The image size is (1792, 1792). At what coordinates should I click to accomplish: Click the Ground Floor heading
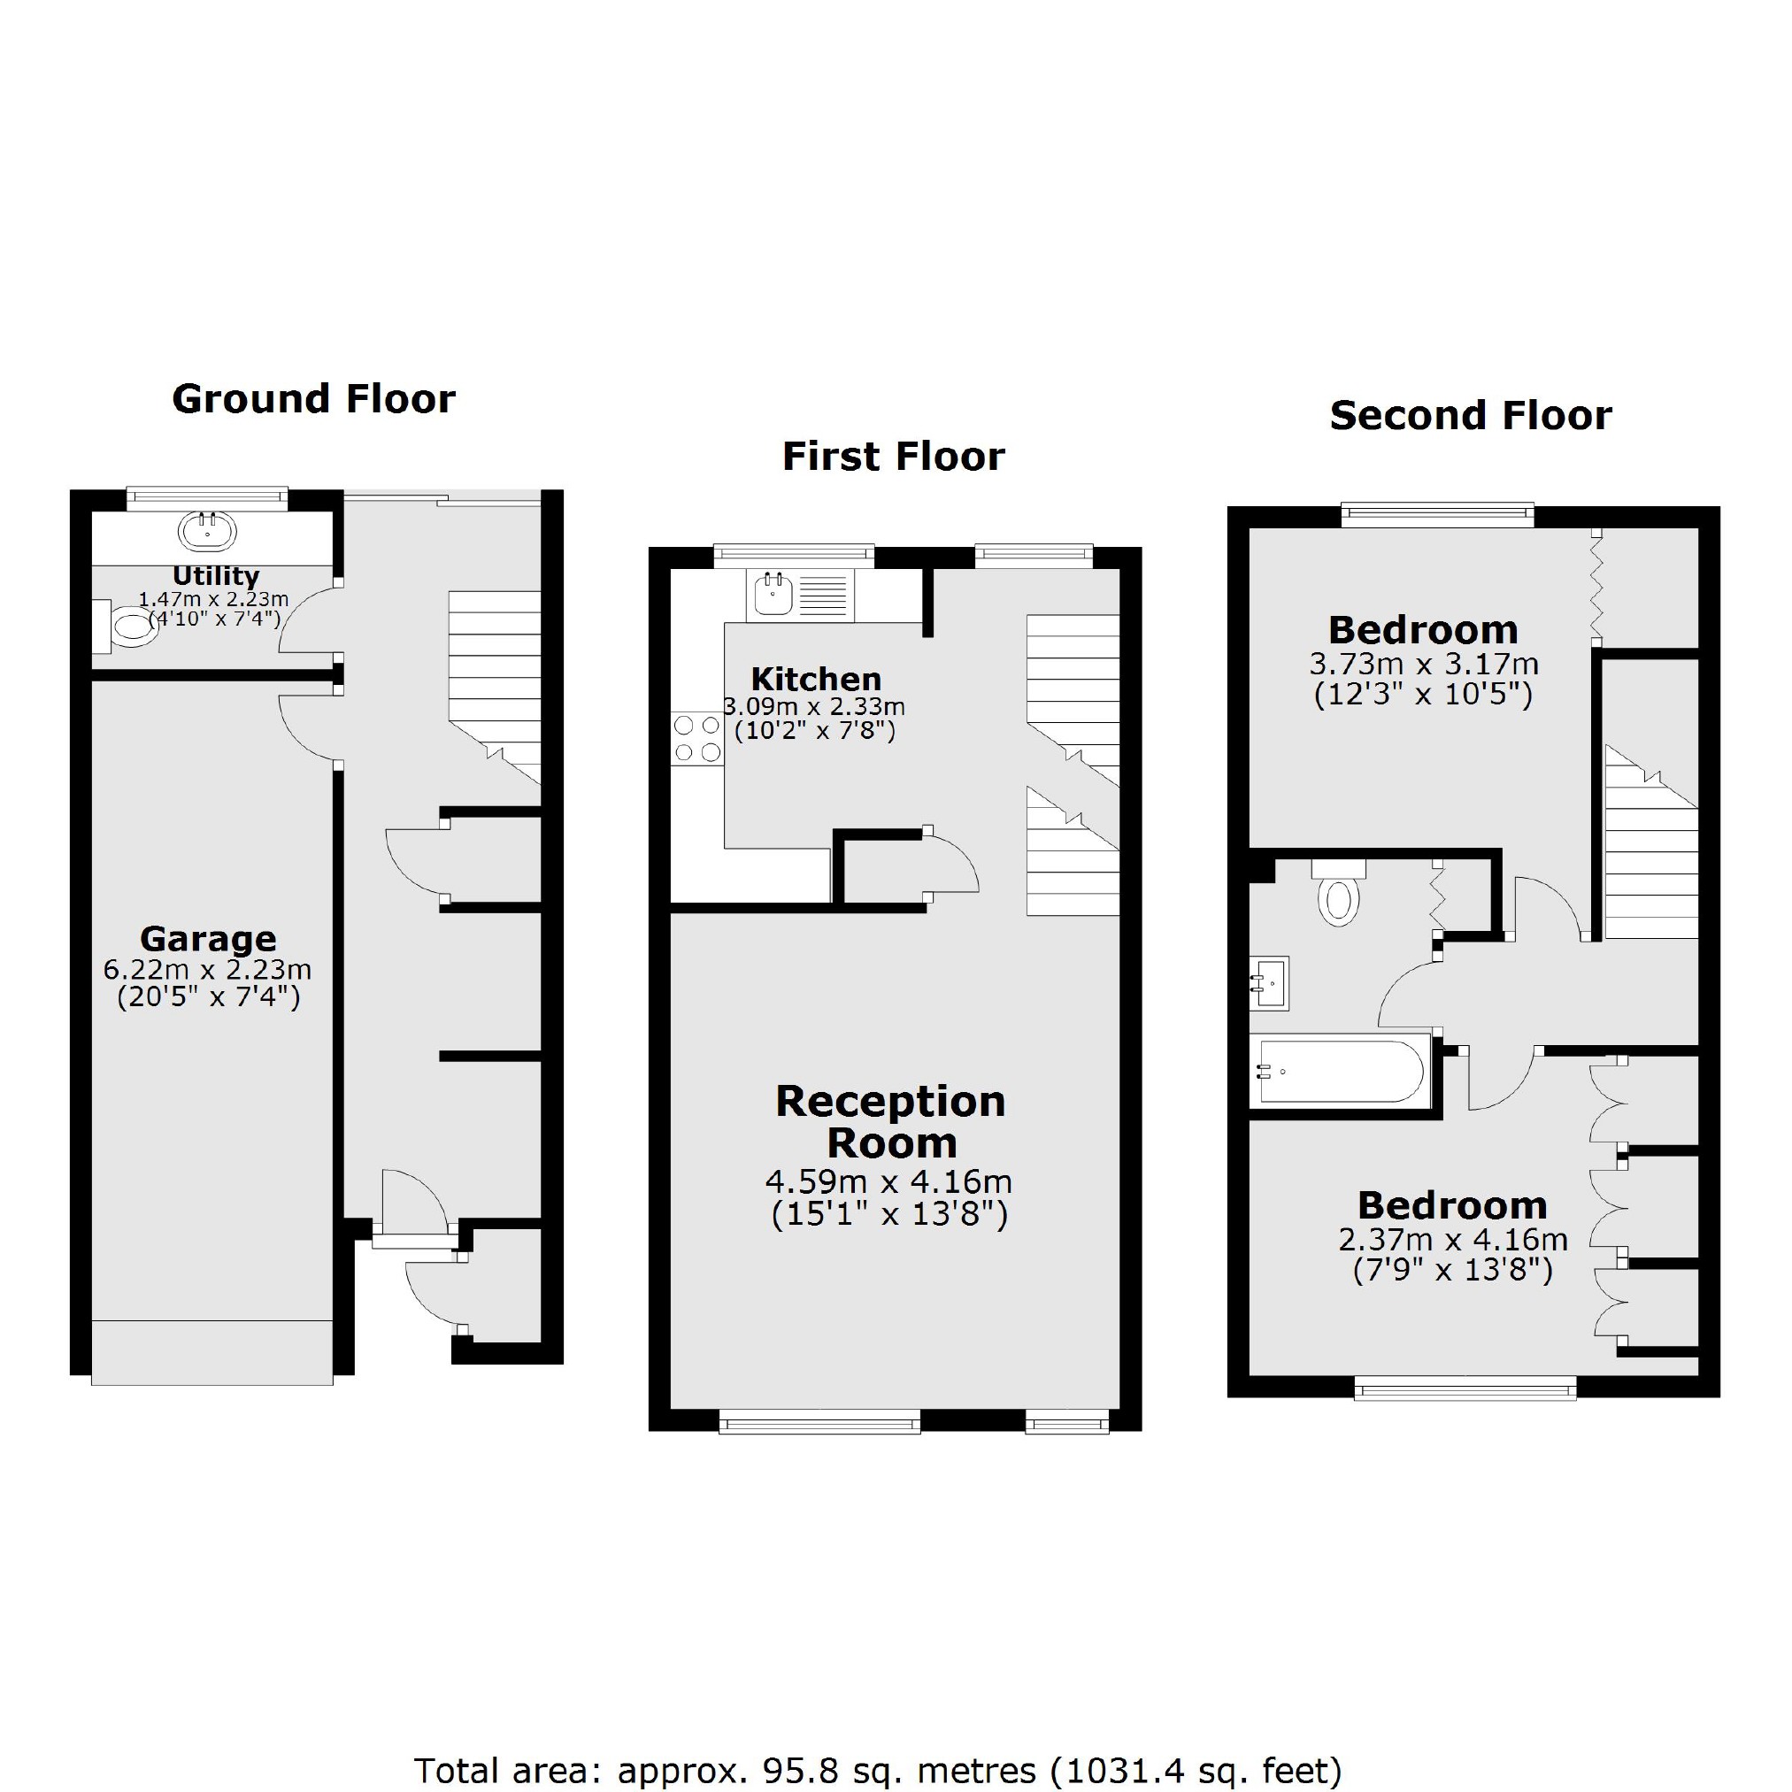click(313, 399)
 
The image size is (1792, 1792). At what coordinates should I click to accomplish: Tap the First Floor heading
click(893, 457)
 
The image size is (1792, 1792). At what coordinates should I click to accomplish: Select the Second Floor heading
click(1470, 415)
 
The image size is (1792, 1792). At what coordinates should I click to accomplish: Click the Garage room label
click(208, 939)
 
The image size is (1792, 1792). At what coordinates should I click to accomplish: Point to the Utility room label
click(215, 575)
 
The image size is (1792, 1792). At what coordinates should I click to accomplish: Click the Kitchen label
click(815, 678)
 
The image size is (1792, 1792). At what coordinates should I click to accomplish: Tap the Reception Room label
click(890, 1121)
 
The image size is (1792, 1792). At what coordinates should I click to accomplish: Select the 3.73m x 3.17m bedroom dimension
click(1424, 664)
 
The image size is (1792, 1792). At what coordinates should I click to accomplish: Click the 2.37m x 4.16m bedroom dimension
click(1452, 1239)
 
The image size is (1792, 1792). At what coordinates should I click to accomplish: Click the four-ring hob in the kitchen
click(697, 738)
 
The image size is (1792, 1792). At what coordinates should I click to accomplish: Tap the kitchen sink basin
click(772, 594)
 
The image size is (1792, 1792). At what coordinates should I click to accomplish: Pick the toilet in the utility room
click(127, 625)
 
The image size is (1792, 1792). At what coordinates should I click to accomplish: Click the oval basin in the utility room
click(208, 532)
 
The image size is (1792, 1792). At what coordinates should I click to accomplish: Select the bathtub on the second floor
click(1341, 1072)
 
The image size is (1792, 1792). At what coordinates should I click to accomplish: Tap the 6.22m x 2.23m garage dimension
click(208, 970)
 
